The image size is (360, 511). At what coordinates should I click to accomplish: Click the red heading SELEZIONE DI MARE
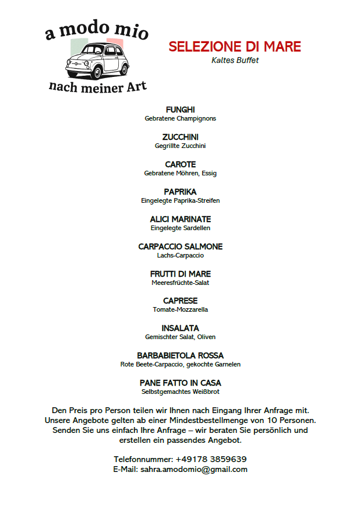235,47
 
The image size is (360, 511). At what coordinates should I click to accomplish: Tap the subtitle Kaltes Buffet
235,60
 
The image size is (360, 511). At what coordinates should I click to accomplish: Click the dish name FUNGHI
180,110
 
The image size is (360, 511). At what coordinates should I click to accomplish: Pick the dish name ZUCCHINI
180,137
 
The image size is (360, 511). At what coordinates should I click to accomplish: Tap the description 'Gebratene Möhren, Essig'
180,173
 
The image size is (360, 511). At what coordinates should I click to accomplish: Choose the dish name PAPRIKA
180,192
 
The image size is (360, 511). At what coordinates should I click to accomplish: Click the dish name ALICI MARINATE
180,219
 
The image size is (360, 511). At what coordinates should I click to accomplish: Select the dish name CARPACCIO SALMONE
180,246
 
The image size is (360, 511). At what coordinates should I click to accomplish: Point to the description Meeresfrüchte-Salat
180,283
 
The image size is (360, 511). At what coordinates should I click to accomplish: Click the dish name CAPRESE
180,301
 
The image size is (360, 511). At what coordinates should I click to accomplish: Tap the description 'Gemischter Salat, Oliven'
180,337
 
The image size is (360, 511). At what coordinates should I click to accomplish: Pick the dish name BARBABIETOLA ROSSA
180,355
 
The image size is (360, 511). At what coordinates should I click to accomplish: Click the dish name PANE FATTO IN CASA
180,383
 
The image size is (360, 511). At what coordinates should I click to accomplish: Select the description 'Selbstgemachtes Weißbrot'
180,392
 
